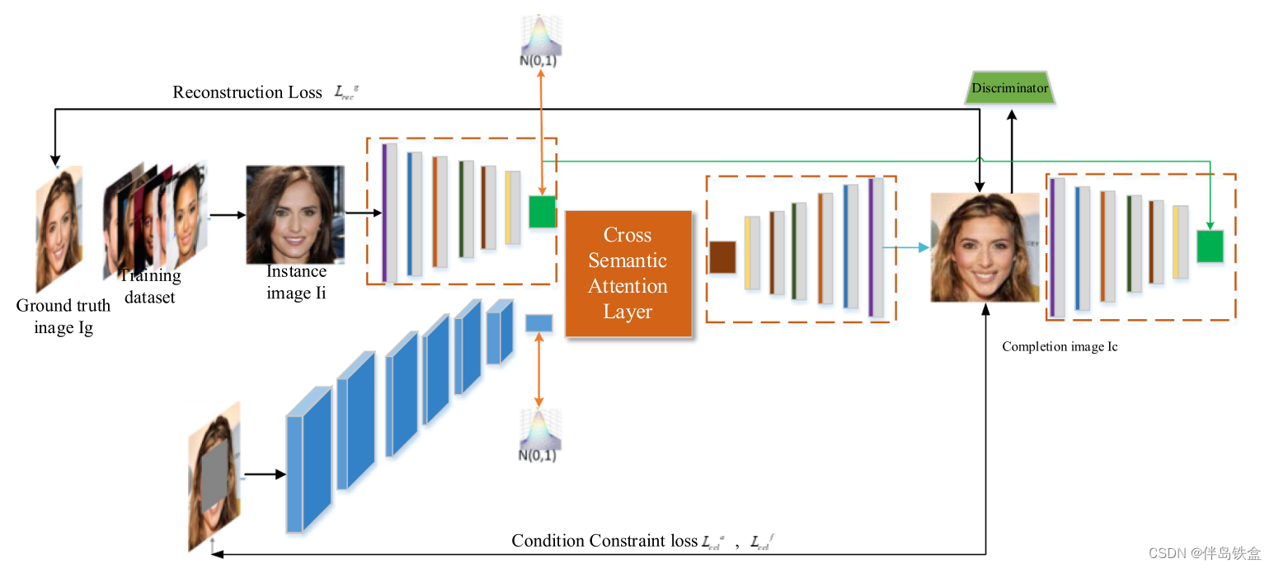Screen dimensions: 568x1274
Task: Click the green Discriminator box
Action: [1010, 88]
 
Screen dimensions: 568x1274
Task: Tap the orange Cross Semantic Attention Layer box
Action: [628, 274]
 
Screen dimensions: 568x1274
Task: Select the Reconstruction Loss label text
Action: [247, 92]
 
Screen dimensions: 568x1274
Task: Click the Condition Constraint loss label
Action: [604, 541]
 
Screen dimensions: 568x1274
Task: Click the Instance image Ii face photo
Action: [295, 214]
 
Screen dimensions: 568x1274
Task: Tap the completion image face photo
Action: [985, 247]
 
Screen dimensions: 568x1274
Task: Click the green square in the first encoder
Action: [543, 212]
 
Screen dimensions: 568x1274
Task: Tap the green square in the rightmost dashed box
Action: [1210, 246]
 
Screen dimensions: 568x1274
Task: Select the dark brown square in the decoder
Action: [722, 257]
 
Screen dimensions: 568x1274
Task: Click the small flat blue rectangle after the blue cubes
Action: [538, 323]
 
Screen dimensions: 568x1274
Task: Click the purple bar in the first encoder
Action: [384, 212]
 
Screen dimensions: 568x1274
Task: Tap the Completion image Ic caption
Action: [1060, 347]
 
